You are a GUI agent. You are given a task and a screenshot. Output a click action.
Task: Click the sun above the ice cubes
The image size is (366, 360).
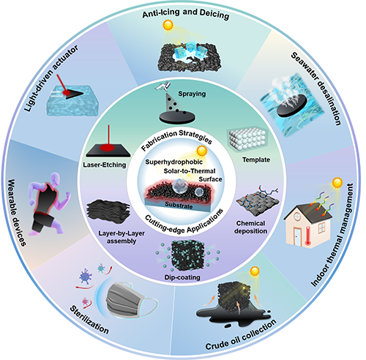[x=168, y=25]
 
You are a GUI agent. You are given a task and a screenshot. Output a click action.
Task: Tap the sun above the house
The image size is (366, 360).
[x=337, y=183]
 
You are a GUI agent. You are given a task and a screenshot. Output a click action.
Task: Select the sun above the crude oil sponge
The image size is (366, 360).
[x=255, y=271]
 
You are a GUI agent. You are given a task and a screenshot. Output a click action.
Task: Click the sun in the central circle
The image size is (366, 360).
[x=202, y=151]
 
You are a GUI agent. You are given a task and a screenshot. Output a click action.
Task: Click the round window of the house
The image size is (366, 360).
[x=297, y=216]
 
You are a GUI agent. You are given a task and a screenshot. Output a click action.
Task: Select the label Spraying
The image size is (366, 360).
[x=192, y=94]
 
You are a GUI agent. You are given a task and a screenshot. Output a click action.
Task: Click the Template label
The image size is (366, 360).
[x=256, y=160]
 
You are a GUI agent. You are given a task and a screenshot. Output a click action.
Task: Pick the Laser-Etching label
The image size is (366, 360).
[x=105, y=165]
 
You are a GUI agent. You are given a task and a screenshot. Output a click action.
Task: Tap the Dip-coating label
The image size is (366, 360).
[x=182, y=277]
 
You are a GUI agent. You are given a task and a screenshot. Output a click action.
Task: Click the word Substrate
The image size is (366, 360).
[x=179, y=205]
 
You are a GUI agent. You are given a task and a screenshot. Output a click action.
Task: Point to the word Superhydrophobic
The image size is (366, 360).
[x=174, y=162]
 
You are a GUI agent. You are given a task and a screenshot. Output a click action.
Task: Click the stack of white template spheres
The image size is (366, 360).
[x=247, y=139]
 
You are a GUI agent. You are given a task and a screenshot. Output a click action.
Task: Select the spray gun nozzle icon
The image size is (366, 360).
[x=163, y=86]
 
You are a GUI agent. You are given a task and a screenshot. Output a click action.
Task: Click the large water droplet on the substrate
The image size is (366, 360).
[x=180, y=187]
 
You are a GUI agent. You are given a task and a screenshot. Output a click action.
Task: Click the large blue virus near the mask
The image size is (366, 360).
[x=85, y=276]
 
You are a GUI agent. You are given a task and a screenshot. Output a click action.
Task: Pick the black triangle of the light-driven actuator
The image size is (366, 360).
[x=74, y=94]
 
